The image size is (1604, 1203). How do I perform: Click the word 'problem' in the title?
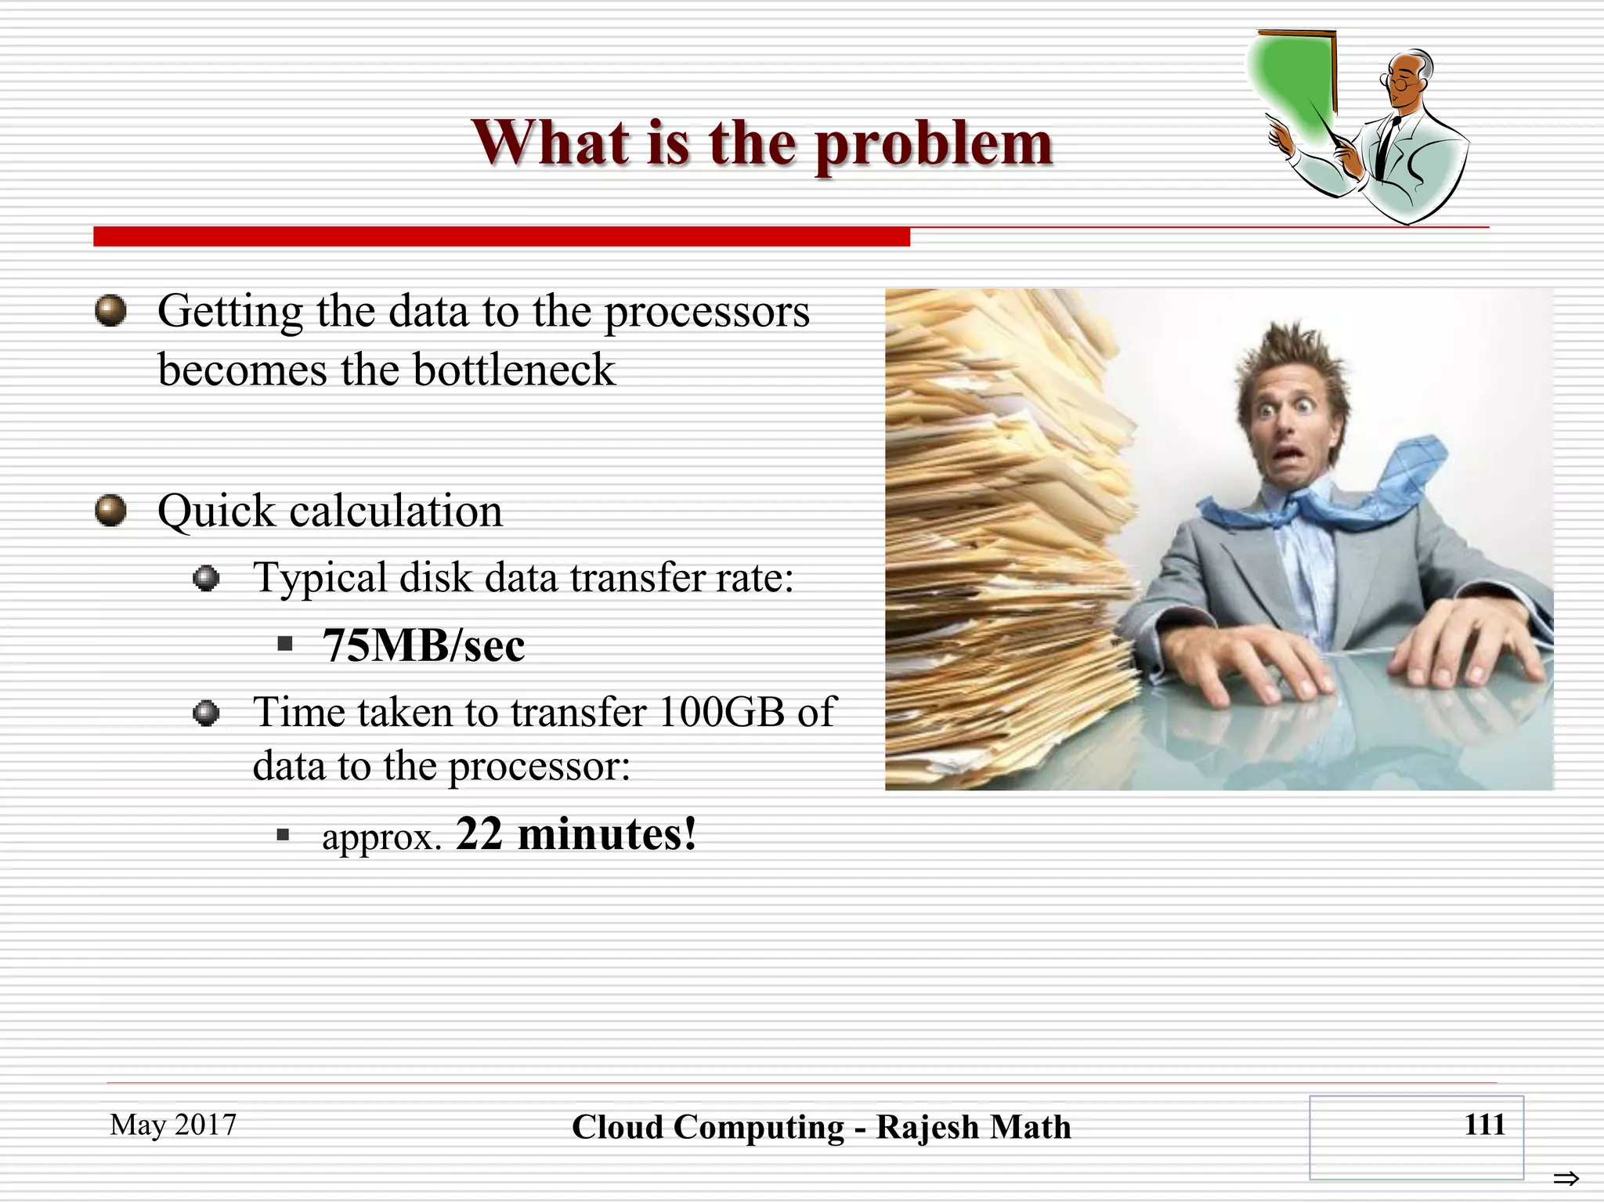[934, 145]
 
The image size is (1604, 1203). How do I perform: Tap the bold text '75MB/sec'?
[423, 646]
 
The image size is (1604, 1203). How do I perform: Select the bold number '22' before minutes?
[479, 834]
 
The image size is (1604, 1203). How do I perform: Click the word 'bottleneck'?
[514, 370]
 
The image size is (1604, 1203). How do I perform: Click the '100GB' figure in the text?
[721, 713]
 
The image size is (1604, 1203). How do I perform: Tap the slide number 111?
[1484, 1125]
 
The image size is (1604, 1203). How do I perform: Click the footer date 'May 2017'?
[173, 1125]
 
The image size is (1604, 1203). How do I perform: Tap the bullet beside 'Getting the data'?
[110, 311]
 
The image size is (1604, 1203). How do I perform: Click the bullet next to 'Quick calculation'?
[110, 511]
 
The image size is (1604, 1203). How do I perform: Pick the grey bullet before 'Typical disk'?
[206, 579]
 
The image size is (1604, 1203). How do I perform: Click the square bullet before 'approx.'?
[284, 836]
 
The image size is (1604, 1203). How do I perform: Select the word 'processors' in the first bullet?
[706, 313]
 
